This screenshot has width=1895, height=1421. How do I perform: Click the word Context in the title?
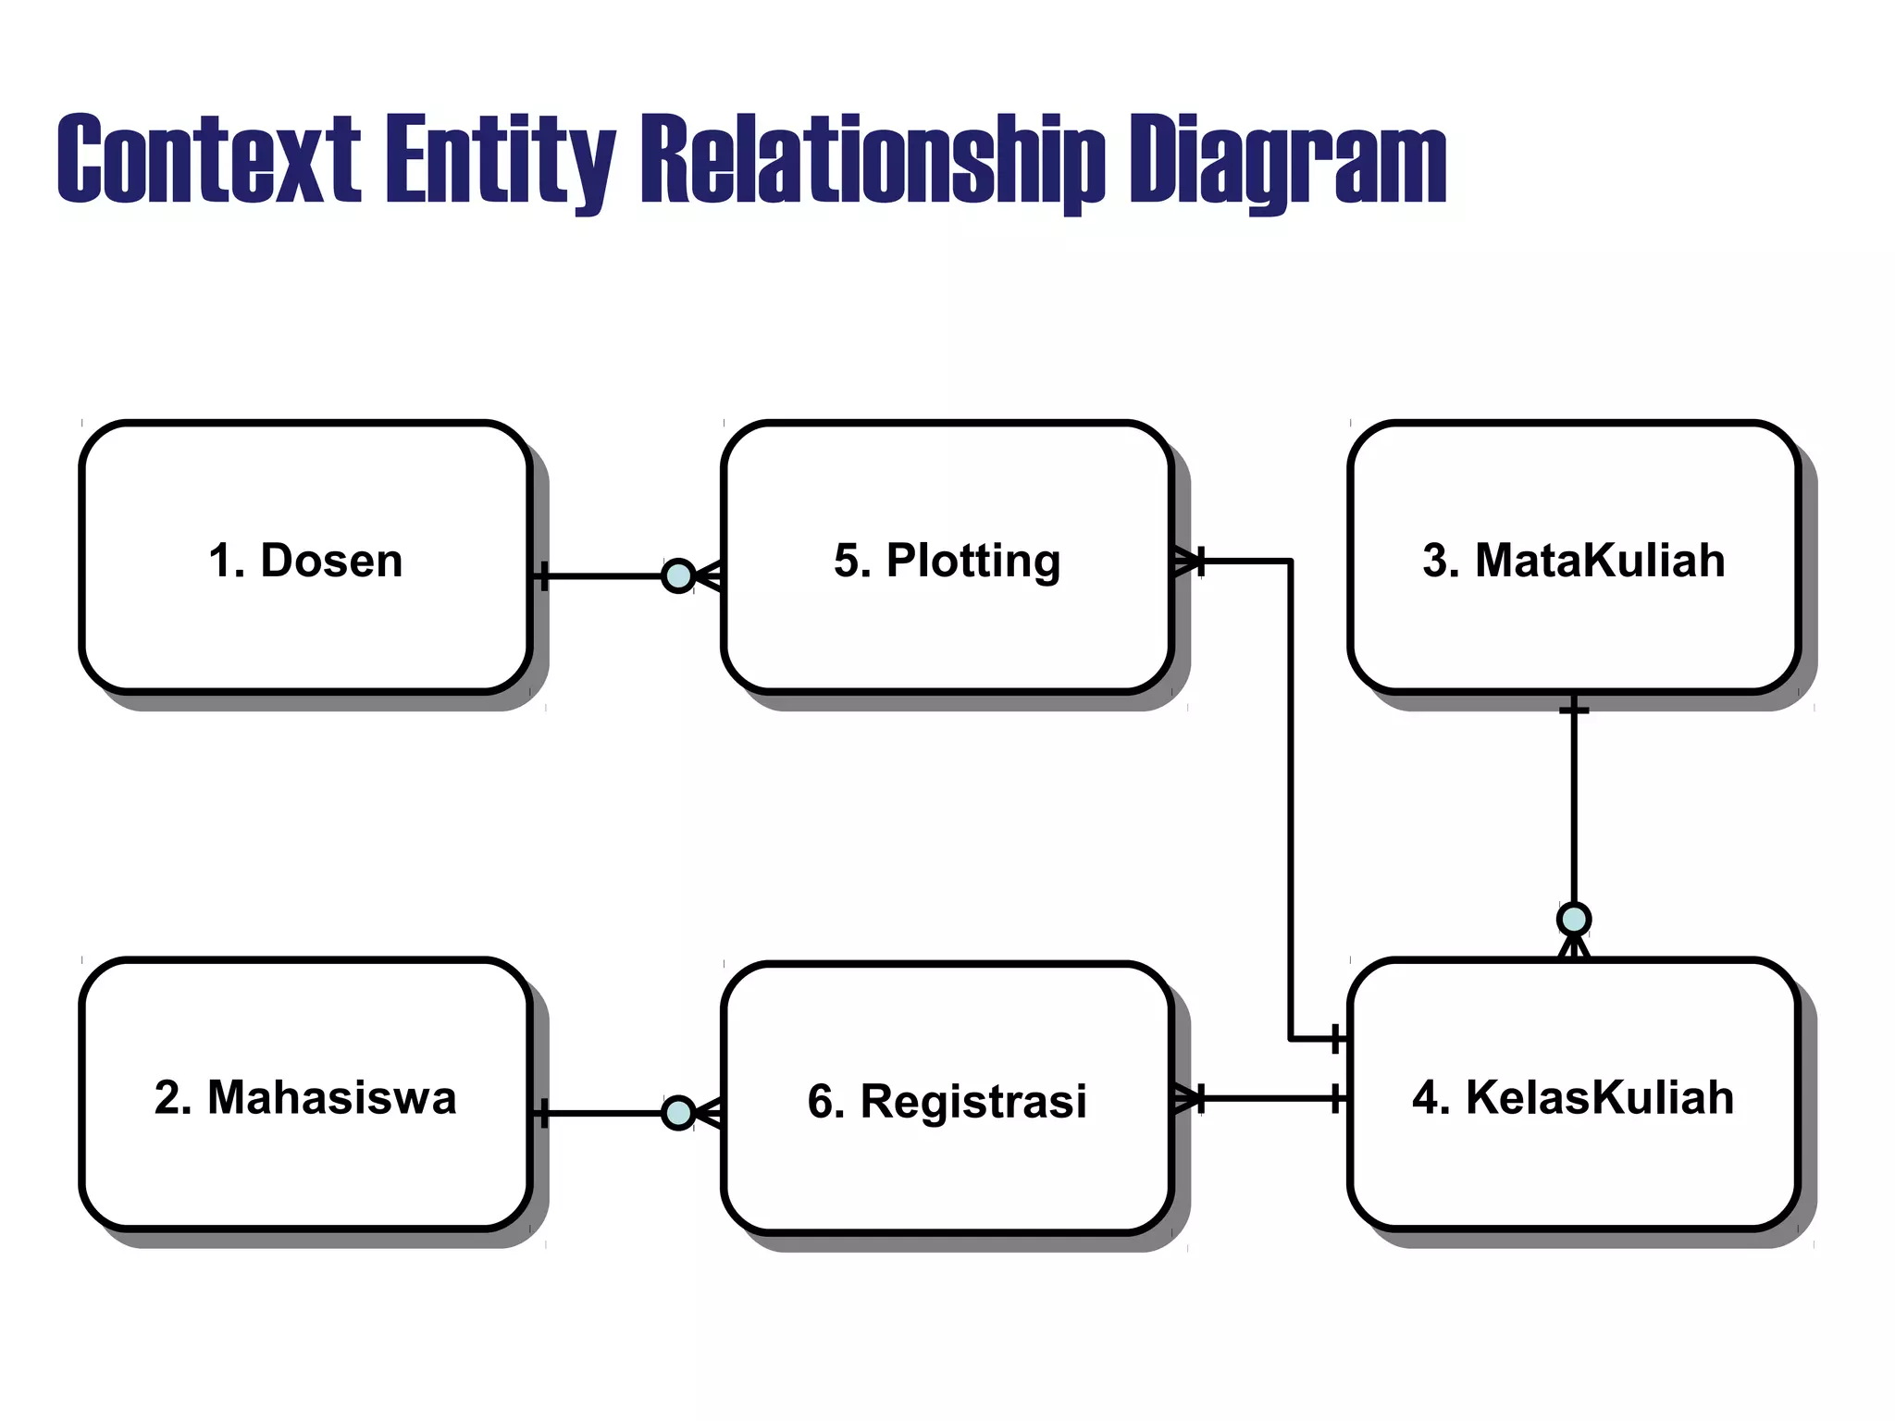(x=208, y=159)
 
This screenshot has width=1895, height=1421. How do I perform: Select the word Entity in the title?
(x=500, y=159)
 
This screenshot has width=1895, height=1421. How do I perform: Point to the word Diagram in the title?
(x=1287, y=159)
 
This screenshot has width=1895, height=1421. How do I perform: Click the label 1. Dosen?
(x=305, y=561)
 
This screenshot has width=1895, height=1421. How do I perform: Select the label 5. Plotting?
(x=947, y=561)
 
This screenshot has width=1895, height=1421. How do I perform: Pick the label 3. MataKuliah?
(x=1573, y=561)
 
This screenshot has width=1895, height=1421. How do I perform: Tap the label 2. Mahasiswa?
(x=305, y=1097)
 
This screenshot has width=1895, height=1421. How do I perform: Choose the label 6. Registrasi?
(x=947, y=1101)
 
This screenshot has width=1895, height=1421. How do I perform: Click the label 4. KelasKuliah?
(x=1573, y=1097)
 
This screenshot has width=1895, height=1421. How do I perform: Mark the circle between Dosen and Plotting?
(x=678, y=576)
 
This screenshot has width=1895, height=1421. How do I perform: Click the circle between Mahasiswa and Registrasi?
(x=678, y=1113)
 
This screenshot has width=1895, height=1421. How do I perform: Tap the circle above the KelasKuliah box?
(x=1574, y=920)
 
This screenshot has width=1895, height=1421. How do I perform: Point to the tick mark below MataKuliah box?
(x=1574, y=710)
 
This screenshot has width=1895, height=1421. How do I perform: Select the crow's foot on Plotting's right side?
(x=1186, y=561)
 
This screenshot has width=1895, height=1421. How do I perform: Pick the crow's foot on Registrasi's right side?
(x=1186, y=1098)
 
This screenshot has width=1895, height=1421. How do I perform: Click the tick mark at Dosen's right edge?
(x=543, y=576)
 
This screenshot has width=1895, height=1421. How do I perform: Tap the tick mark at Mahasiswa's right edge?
(x=543, y=1113)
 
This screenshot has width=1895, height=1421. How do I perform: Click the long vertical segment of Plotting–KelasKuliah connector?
(x=1290, y=796)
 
